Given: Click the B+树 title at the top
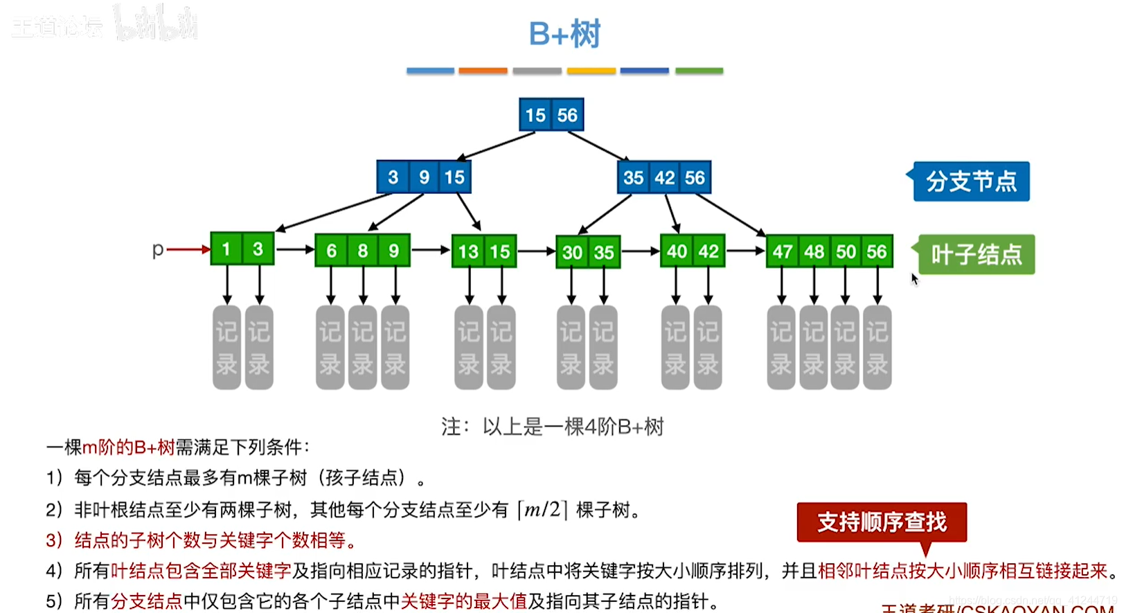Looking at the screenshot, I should pos(564,34).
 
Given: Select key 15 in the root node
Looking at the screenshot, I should pos(535,115).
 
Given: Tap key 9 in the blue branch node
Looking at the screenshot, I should pos(424,177).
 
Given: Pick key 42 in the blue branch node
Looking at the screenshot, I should pos(664,178).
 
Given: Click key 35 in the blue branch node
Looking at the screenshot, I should pos(633,178).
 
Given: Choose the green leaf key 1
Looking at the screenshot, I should pos(226,249).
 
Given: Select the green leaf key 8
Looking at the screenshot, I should pos(362,251).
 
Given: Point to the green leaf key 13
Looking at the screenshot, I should pos(468,251).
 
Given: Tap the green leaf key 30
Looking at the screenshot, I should pos(572,252).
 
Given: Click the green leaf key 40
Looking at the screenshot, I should pos(677,251).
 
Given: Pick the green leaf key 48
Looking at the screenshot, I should pos(814,251).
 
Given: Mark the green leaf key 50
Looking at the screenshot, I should pos(846,251).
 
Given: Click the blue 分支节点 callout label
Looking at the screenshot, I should pos(971,181).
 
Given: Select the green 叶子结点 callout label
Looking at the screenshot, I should pos(976,255).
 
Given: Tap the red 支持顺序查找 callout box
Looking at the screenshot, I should pos(882,522).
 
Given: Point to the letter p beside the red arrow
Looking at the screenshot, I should pos(158,249).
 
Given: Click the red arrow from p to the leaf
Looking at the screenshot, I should pos(188,249).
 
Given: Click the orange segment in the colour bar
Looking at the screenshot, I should pos(483,71).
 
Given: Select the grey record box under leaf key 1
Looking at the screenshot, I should pos(226,347).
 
